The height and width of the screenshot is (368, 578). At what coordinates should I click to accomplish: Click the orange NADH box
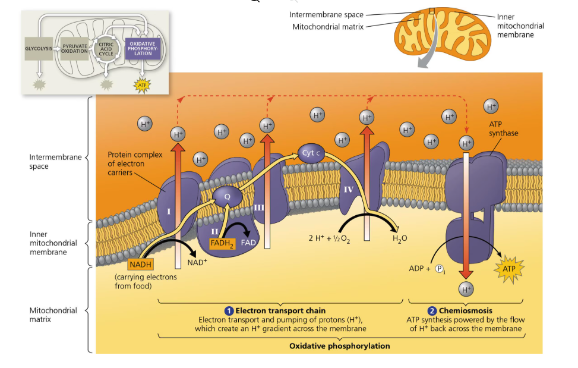(140, 264)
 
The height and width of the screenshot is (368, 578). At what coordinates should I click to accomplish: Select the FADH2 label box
(223, 243)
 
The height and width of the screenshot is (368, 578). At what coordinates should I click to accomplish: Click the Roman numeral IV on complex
(349, 189)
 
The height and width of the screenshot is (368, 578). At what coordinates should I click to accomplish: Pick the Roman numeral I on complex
(169, 211)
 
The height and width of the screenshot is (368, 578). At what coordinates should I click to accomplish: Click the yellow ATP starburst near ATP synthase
(509, 269)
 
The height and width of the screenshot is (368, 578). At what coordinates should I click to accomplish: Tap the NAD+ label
(197, 262)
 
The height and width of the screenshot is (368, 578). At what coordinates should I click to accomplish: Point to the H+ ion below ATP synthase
(466, 290)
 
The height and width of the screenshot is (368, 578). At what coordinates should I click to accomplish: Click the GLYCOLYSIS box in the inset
(39, 48)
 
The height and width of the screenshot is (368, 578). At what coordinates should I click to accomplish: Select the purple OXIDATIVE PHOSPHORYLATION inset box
(142, 49)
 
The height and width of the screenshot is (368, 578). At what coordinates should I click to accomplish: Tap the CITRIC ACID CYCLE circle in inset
(106, 49)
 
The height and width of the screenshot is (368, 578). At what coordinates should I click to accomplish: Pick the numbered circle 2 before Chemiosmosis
(432, 311)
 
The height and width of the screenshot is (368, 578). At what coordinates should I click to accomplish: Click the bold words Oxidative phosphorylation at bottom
(340, 345)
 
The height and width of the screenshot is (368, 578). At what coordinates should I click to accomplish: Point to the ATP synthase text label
(503, 128)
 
